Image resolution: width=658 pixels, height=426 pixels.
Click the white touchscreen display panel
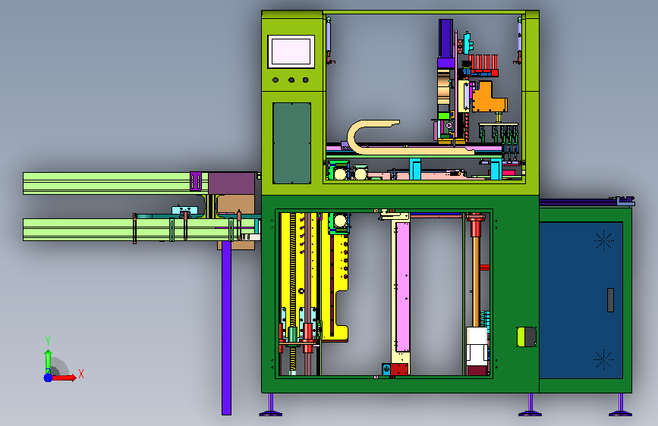click(x=291, y=52)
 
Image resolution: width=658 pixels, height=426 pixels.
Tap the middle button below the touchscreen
click(x=291, y=80)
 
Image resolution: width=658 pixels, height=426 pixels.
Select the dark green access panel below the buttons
click(x=291, y=143)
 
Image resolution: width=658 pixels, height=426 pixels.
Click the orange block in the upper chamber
click(x=489, y=98)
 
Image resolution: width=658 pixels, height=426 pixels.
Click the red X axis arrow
click(x=64, y=377)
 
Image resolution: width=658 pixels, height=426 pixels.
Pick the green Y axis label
click(x=48, y=340)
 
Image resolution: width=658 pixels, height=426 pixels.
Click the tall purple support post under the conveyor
click(x=227, y=328)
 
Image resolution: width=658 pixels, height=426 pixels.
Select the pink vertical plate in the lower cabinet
click(x=403, y=287)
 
